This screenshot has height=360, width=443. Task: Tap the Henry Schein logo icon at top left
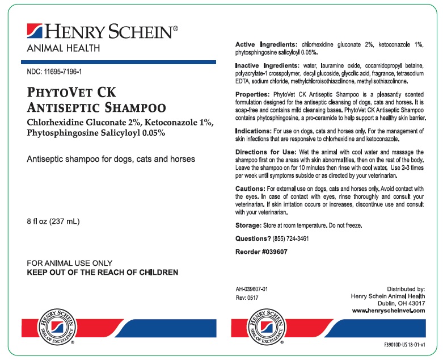tap(34, 32)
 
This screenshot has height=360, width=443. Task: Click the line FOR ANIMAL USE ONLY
tap(70, 263)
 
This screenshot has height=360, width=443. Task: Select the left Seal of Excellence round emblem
tap(55, 327)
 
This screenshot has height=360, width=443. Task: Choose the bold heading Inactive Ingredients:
tap(269, 66)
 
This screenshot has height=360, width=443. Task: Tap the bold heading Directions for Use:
tap(265, 153)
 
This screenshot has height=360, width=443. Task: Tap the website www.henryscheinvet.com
tap(389, 311)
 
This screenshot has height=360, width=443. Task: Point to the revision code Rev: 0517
tap(247, 297)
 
